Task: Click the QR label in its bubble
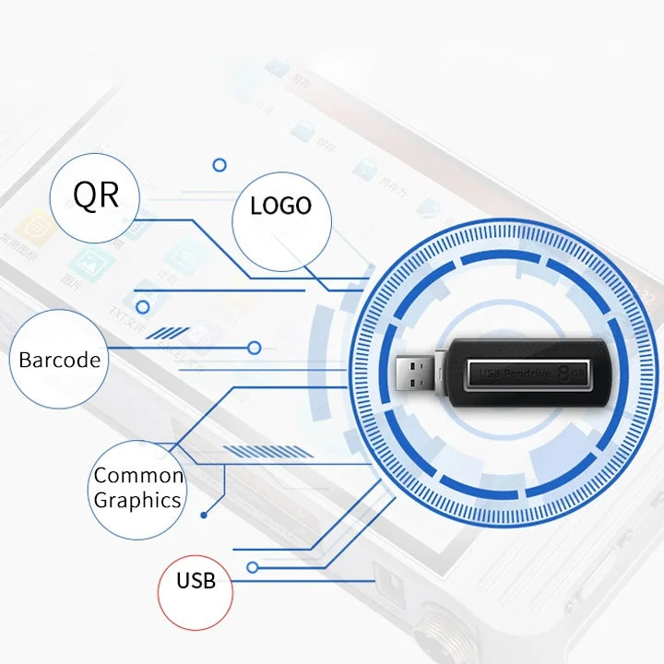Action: tap(96, 195)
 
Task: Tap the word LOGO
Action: tap(280, 205)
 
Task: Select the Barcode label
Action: tap(59, 359)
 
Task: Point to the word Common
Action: tap(138, 476)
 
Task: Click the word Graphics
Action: tap(137, 501)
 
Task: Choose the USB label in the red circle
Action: tap(196, 580)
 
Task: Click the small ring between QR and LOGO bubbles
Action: tap(219, 165)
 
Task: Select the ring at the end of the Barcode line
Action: tap(255, 348)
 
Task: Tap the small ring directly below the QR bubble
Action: tap(143, 307)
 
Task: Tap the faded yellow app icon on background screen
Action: tap(37, 224)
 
